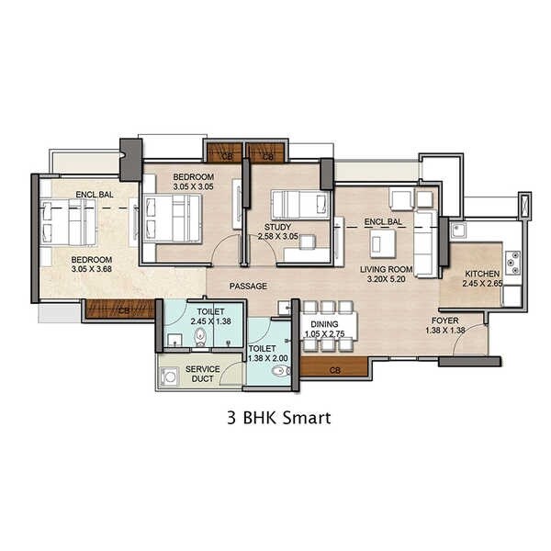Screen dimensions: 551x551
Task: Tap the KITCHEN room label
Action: tap(481, 275)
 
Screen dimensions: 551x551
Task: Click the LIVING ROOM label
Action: tap(387, 269)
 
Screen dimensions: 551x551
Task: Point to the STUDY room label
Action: tap(277, 226)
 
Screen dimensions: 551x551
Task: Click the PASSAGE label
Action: tap(248, 286)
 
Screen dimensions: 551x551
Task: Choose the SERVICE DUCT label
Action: tap(202, 374)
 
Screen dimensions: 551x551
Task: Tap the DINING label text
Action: tap(323, 324)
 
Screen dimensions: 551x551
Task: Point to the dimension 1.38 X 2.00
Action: tap(268, 359)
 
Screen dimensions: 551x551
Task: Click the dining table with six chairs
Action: tap(323, 327)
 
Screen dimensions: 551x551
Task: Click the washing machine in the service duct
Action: tap(170, 377)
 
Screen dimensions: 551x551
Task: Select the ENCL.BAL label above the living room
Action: tap(383, 222)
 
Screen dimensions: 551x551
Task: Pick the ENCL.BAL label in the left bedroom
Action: tap(94, 194)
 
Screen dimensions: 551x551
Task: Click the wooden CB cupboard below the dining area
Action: tap(334, 369)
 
